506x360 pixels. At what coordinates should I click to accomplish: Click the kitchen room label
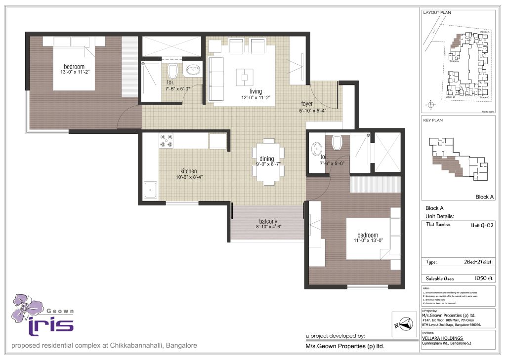point(188,171)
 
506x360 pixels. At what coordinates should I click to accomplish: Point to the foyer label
point(307,104)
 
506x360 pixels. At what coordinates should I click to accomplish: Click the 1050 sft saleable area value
point(483,279)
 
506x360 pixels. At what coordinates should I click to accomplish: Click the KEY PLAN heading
point(432,120)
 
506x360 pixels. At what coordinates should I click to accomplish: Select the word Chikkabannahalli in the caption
point(138,346)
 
